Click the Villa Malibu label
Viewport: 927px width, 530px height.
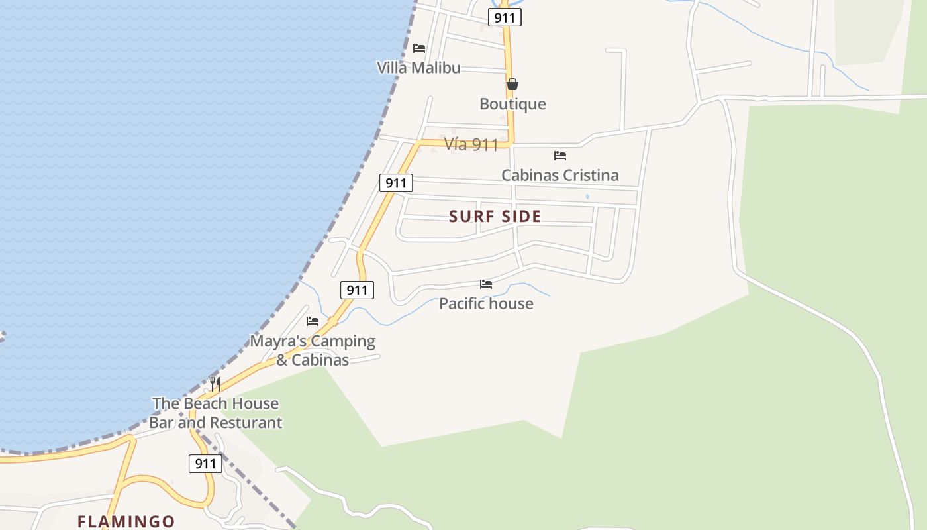[418, 68]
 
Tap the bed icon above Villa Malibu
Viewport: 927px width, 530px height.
[418, 48]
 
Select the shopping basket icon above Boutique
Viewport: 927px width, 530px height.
[512, 84]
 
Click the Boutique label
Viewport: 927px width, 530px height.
[512, 104]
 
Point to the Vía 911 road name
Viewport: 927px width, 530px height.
[471, 144]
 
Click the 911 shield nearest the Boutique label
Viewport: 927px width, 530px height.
[505, 17]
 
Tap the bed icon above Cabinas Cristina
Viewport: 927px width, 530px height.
[560, 156]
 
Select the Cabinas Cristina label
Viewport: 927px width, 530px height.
[560, 176]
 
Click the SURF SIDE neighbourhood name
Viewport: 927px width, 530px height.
[495, 217]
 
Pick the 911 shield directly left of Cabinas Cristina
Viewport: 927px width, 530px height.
[396, 183]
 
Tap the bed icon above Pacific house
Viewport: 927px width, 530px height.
[486, 284]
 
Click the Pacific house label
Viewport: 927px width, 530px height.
[486, 304]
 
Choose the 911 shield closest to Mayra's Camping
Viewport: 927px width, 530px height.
[357, 290]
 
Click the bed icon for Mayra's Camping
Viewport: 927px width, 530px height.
[313, 321]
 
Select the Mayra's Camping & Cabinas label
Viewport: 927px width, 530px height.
[313, 350]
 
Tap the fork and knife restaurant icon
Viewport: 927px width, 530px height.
[215, 384]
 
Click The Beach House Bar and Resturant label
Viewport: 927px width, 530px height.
[216, 413]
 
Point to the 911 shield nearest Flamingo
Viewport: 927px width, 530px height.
[205, 464]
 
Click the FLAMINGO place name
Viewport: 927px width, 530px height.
[126, 521]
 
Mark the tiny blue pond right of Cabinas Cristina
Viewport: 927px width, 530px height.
[587, 197]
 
